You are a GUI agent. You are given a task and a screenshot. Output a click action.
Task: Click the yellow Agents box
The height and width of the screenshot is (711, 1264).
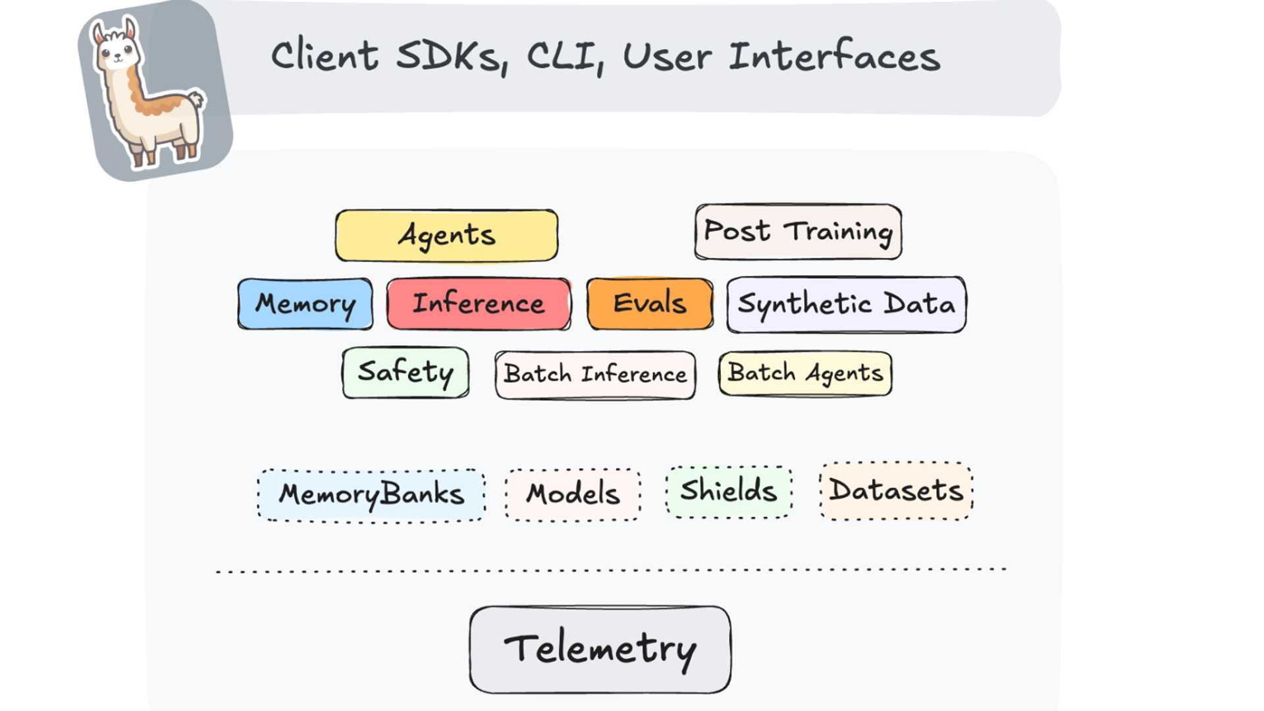[x=446, y=236]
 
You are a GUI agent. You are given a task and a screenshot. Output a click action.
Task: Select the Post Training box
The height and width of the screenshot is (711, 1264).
[x=798, y=232]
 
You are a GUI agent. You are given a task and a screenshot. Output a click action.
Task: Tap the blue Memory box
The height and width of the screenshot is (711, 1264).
[x=305, y=304]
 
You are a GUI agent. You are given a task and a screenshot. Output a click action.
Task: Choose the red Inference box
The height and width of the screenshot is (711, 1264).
[x=479, y=304]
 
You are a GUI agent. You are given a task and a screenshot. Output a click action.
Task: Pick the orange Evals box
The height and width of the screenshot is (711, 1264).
[x=650, y=304]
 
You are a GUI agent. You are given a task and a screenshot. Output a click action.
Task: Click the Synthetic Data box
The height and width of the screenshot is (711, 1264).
[x=846, y=304]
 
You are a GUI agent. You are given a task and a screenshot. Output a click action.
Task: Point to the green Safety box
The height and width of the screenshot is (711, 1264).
[x=406, y=373]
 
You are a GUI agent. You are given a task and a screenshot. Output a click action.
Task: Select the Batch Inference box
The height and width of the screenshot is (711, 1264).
[x=595, y=375]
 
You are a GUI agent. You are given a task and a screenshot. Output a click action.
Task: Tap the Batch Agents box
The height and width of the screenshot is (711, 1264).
[x=805, y=373]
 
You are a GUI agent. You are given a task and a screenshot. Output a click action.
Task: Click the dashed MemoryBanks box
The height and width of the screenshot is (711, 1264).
[x=371, y=495]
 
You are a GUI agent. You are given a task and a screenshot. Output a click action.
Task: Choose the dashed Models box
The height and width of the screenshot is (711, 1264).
[x=573, y=494]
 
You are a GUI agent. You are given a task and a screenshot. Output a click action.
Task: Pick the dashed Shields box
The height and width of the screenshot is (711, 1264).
[x=729, y=491]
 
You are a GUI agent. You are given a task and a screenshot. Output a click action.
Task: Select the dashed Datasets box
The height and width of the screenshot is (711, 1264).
[x=896, y=491]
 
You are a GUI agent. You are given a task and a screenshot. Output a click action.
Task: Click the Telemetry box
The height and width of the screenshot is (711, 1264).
[x=600, y=649]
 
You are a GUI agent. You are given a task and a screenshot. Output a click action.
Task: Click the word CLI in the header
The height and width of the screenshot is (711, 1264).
[x=564, y=57]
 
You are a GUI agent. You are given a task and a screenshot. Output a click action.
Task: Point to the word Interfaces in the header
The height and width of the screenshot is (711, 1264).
[x=834, y=57]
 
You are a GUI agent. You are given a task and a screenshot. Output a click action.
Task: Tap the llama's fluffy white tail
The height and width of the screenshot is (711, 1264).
[x=196, y=101]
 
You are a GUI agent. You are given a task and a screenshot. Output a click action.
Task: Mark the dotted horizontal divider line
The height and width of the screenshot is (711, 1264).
[x=611, y=570]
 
